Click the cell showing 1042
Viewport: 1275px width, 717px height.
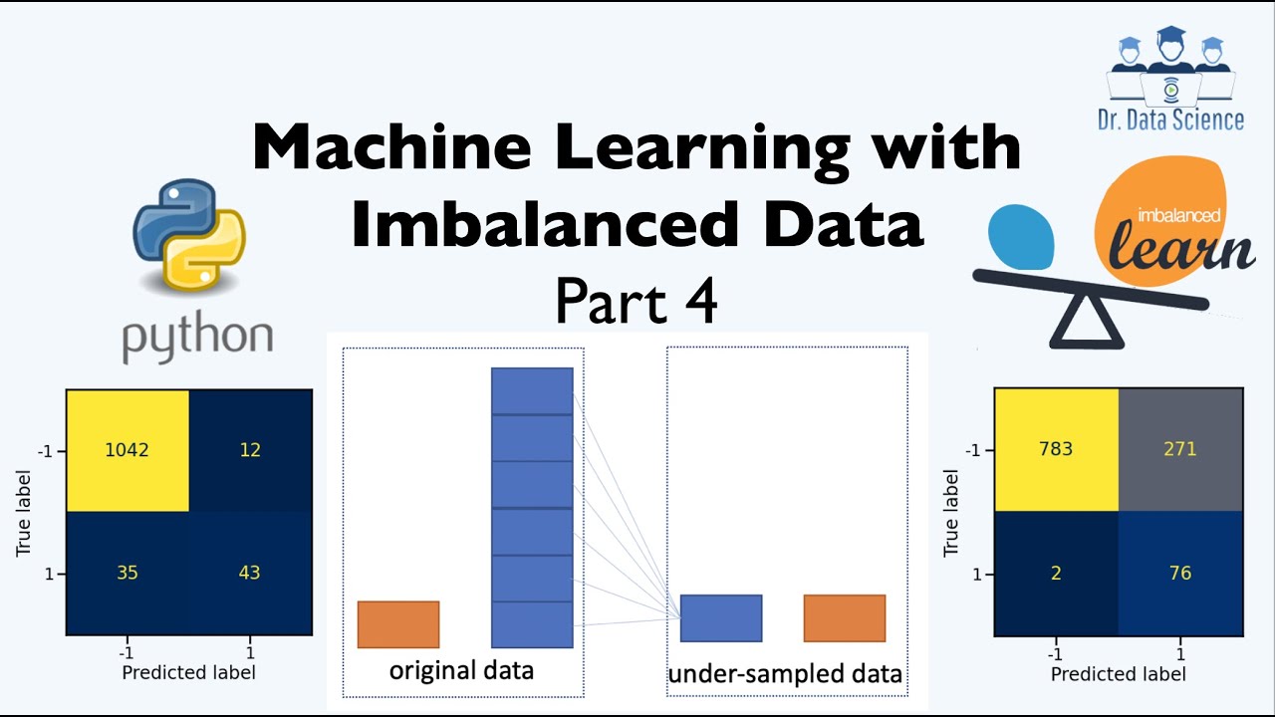point(127,449)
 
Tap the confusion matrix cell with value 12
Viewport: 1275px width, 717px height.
point(250,449)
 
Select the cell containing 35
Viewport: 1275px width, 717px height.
point(127,574)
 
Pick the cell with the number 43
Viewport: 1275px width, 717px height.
point(250,574)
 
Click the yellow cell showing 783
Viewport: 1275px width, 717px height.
point(1056,448)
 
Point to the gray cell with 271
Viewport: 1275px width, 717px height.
point(1180,448)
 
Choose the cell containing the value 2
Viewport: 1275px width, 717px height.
point(1056,573)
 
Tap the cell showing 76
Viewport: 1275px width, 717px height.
point(1180,573)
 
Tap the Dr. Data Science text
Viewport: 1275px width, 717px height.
point(1170,120)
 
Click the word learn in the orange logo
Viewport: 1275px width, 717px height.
point(1190,247)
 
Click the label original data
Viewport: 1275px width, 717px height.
point(461,669)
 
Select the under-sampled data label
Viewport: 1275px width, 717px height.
point(785,674)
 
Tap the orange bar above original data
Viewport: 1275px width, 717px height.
point(398,624)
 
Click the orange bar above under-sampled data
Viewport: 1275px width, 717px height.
point(845,617)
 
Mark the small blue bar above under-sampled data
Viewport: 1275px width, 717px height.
point(721,617)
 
